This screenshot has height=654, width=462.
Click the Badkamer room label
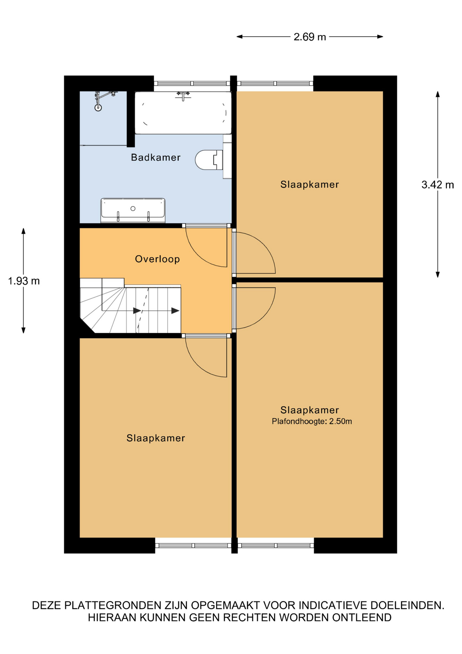click(x=155, y=157)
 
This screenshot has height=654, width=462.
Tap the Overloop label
click(x=157, y=259)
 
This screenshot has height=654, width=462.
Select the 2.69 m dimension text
click(x=310, y=37)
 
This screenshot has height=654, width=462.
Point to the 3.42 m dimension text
click(x=438, y=185)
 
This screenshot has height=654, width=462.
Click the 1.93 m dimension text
click(x=24, y=281)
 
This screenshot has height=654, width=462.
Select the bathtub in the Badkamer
click(x=183, y=113)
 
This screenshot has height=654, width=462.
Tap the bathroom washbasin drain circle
click(x=133, y=208)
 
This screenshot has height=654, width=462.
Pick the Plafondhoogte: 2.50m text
click(x=312, y=421)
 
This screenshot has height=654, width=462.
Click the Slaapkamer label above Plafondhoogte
click(x=310, y=410)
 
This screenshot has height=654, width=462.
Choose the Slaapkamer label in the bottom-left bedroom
click(x=156, y=438)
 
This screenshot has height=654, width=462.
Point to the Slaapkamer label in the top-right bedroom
click(x=310, y=185)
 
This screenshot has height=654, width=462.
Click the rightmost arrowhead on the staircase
click(x=175, y=311)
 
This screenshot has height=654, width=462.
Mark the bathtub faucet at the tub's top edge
click(x=183, y=95)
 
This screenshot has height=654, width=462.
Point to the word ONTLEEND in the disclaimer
click(x=362, y=618)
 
